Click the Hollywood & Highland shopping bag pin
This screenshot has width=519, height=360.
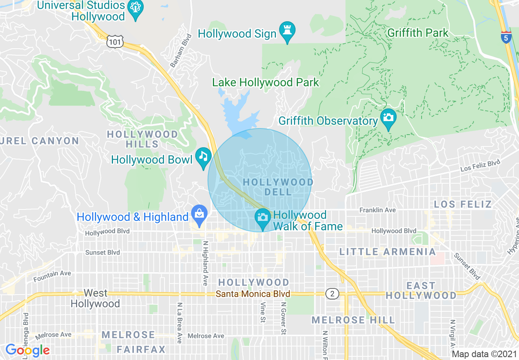pyautogui.click(x=199, y=215)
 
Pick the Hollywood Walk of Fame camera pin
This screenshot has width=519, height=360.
pyautogui.click(x=262, y=217)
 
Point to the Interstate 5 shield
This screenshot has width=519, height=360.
pyautogui.click(x=506, y=37)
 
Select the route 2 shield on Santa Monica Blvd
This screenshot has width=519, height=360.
pyautogui.click(x=332, y=293)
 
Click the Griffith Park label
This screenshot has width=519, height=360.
pyautogui.click(x=417, y=33)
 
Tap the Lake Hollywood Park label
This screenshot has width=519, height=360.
pyautogui.click(x=265, y=82)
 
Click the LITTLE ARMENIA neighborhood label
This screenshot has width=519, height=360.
pyautogui.click(x=388, y=252)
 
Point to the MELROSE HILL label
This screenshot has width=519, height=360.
pyautogui.click(x=353, y=320)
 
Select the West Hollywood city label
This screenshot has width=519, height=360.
pyautogui.click(x=95, y=299)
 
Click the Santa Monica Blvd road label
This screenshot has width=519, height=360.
pyautogui.click(x=253, y=294)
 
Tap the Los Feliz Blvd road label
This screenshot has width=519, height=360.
pyautogui.click(x=480, y=166)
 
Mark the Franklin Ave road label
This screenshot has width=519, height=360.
pyautogui.click(x=377, y=210)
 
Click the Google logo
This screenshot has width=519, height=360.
pyautogui.click(x=27, y=350)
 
